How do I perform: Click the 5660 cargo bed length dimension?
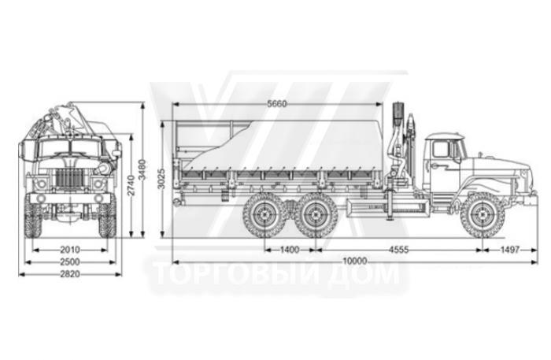click(x=277, y=104)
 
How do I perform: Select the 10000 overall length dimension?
click(x=355, y=261)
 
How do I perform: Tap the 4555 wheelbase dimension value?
click(x=399, y=250)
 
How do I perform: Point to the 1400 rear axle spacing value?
click(x=290, y=250)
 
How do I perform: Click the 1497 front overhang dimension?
click(x=509, y=250)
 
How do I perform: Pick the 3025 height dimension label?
click(x=161, y=179)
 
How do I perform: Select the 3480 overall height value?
click(x=142, y=170)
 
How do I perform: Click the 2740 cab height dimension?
click(x=131, y=185)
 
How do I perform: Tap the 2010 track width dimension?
click(x=70, y=250)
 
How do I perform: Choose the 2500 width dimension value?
click(x=70, y=262)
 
